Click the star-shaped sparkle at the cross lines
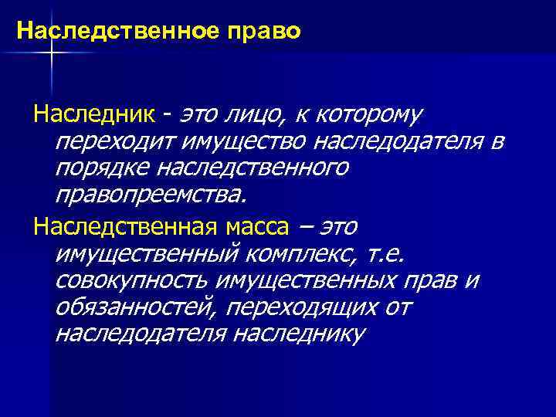point(51,51)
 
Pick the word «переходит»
point(114,142)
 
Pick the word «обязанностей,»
point(137,307)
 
